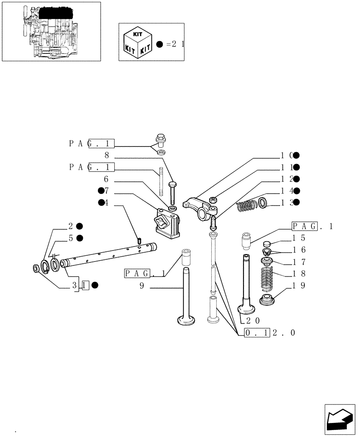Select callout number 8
click(106, 155)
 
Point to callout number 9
click(142, 286)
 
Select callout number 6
click(106, 179)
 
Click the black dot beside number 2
click(80, 226)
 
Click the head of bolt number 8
click(172, 183)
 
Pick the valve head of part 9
click(186, 319)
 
